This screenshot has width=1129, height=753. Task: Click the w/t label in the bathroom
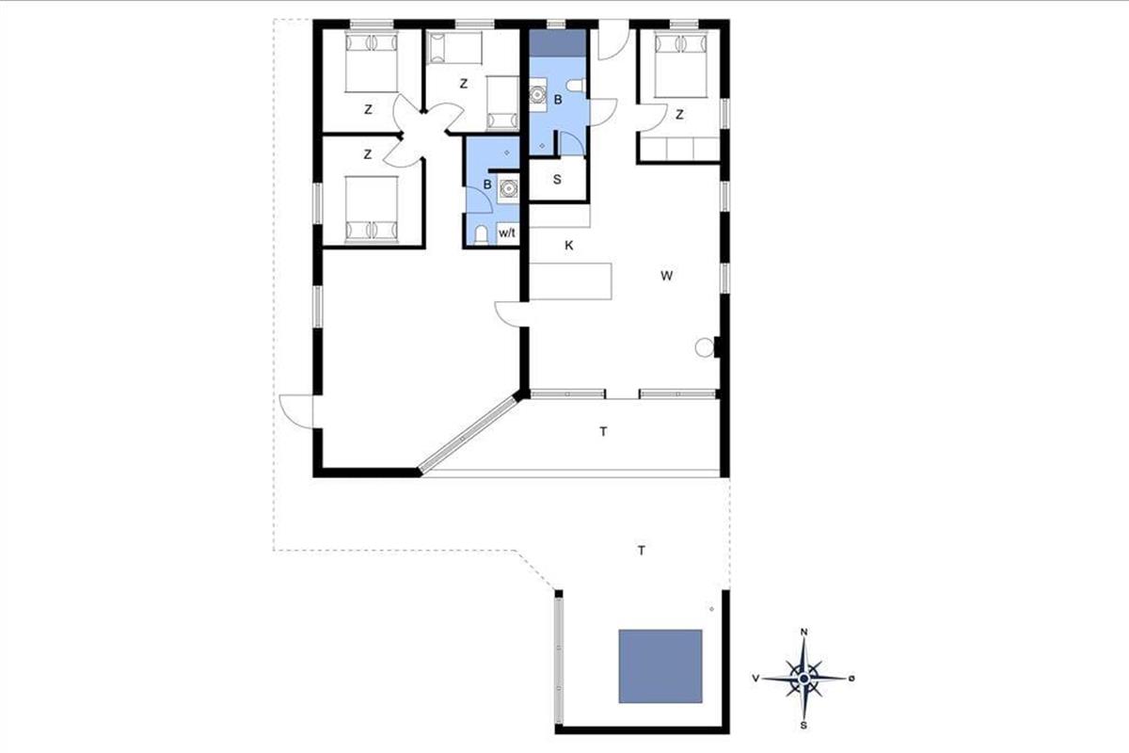[507, 233]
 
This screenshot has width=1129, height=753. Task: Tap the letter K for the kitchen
[569, 246]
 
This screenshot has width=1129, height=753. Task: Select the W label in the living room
[666, 276]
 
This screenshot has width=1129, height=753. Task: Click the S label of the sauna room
[557, 180]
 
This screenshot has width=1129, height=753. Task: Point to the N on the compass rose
[804, 632]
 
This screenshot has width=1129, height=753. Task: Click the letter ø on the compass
[851, 679]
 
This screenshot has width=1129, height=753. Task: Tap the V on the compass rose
[755, 679]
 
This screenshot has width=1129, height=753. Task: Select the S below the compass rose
[803, 726]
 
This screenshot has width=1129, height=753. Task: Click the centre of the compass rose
[804, 679]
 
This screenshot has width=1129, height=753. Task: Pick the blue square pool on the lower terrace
[660, 665]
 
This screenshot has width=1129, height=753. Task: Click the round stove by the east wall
[705, 347]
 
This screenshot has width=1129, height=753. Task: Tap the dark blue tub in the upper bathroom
[558, 43]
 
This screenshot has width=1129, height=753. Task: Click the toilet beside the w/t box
[482, 235]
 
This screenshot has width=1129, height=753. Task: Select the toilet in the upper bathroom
[575, 86]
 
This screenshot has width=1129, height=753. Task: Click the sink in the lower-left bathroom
[507, 188]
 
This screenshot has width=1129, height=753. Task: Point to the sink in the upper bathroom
[538, 95]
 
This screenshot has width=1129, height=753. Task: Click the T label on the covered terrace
[603, 432]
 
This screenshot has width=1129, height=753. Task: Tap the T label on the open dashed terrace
[642, 551]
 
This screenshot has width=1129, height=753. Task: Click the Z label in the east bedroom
[679, 115]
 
